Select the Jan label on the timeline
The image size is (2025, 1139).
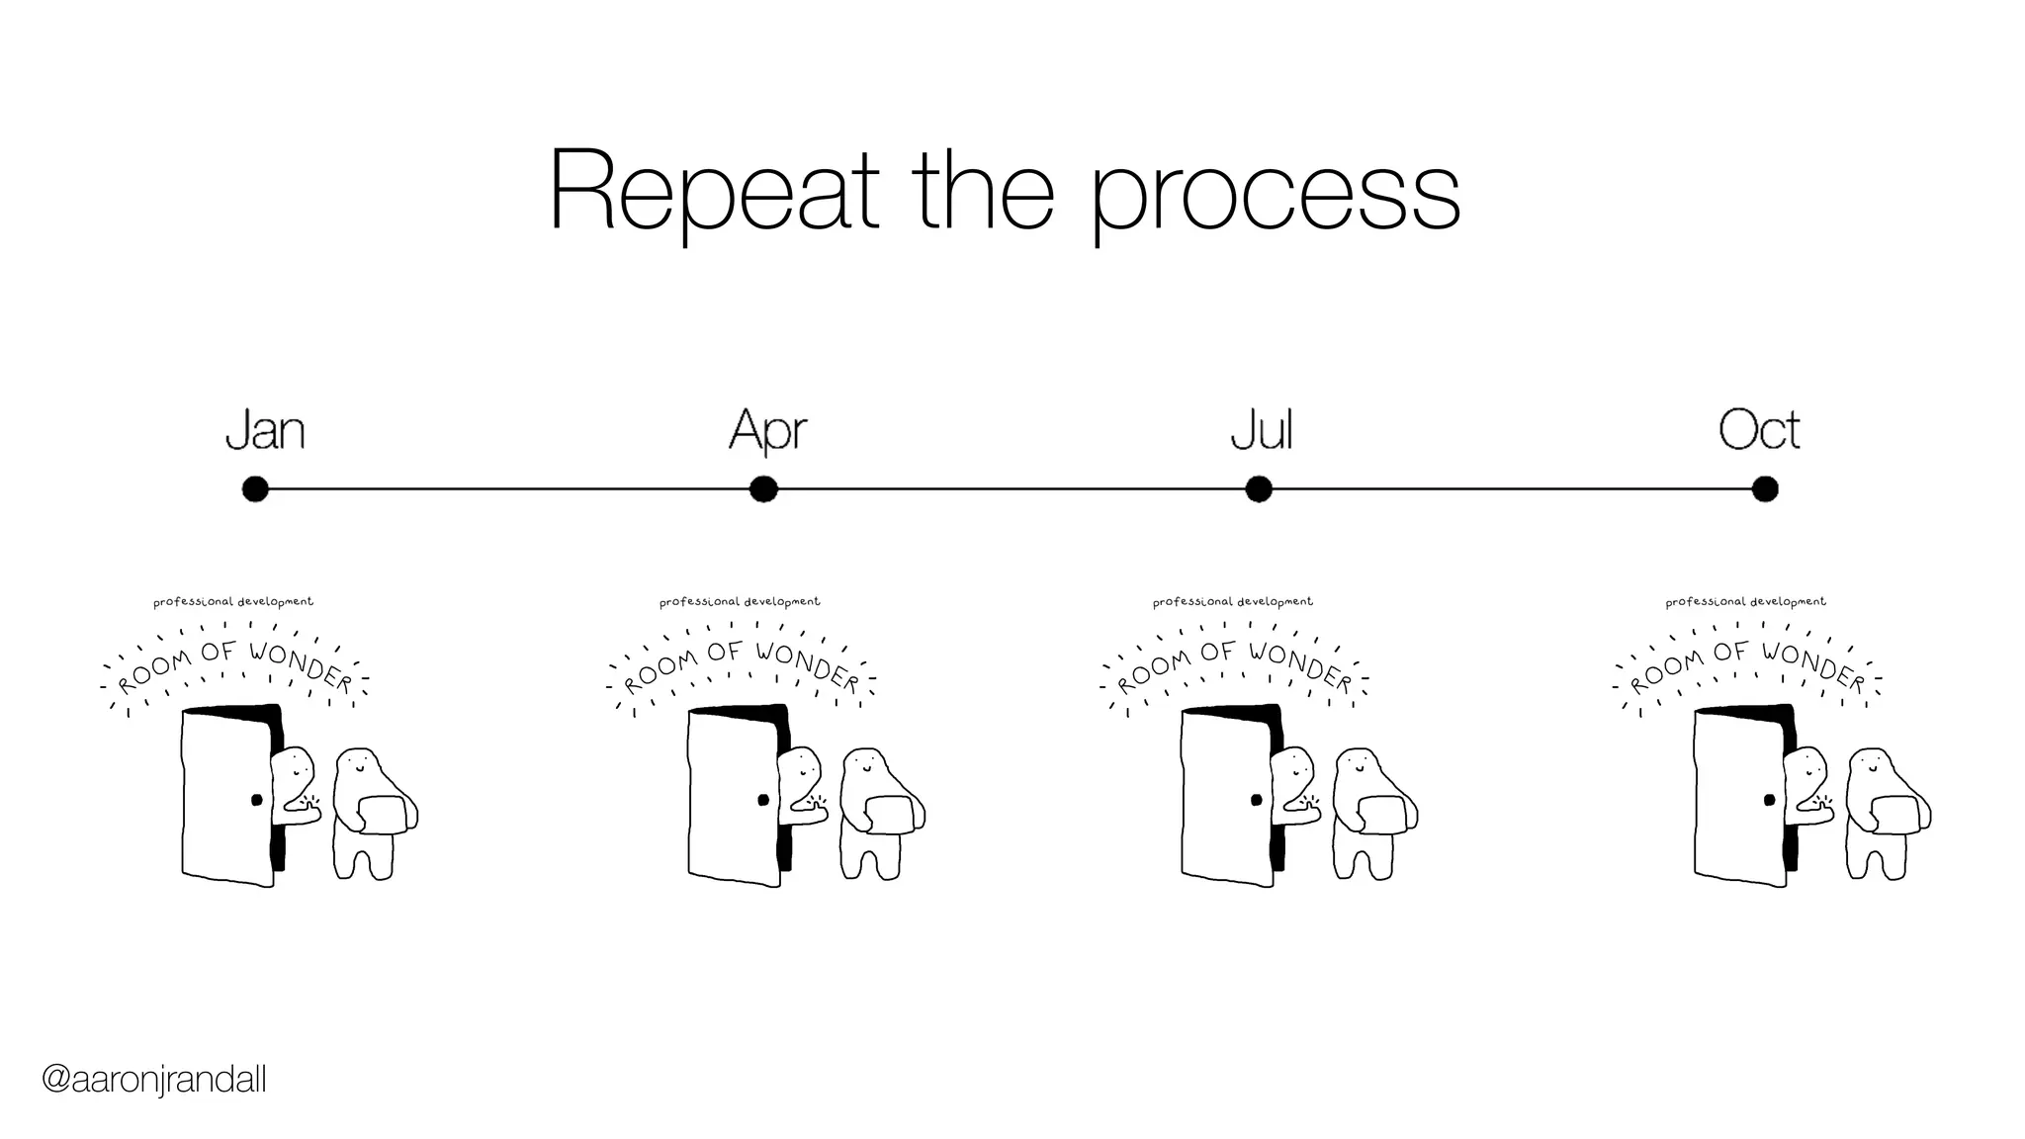tap(265, 430)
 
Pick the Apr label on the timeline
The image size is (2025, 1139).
tap(767, 431)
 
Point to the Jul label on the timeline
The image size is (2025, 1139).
tap(1261, 430)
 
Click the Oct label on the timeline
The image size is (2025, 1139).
tap(1758, 430)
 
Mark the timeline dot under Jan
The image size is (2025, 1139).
tap(255, 489)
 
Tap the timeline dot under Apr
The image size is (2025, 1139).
tap(763, 489)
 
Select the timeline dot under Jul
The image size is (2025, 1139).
tap(1258, 489)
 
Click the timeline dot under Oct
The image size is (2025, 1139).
tap(1765, 489)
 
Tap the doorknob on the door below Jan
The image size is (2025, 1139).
tap(257, 800)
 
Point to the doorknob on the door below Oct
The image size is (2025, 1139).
tap(1769, 800)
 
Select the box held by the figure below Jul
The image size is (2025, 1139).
tap(1382, 813)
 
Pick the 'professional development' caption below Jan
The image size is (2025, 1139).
tap(233, 601)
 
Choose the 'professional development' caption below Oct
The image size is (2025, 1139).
tap(1745, 601)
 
